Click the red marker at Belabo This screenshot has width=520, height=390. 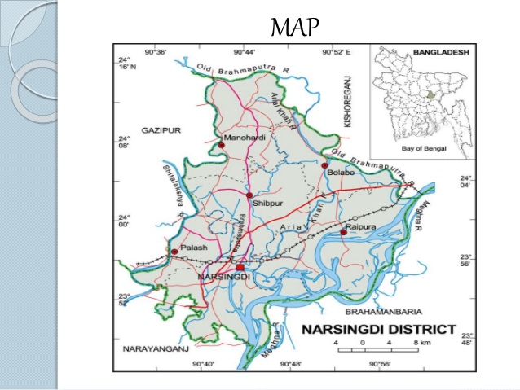(x=324, y=165)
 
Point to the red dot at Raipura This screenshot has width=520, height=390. (x=343, y=233)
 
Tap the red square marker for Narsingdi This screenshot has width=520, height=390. (x=240, y=267)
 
